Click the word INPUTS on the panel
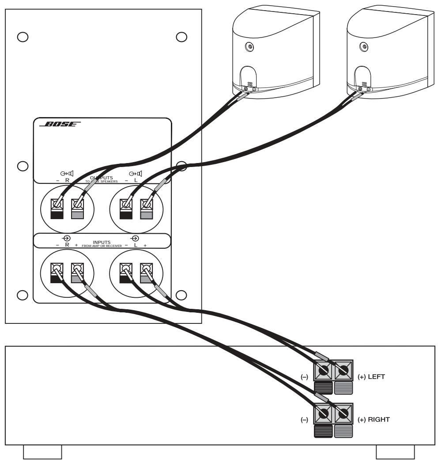point(102,242)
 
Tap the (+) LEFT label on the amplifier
point(373,377)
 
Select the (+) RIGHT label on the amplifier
point(374,419)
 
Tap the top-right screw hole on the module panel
point(181,36)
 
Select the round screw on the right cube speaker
point(364,46)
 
